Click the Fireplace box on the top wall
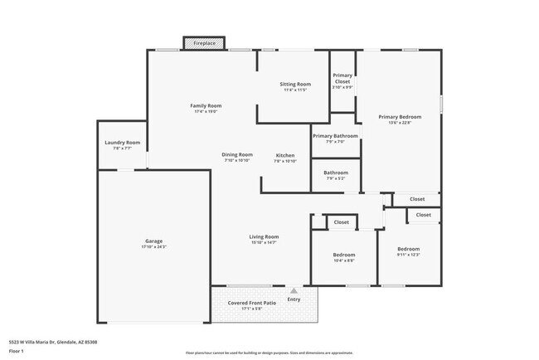pyautogui.click(x=198, y=42)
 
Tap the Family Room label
pyautogui.click(x=206, y=105)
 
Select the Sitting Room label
pyautogui.click(x=295, y=84)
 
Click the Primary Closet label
pyautogui.click(x=343, y=78)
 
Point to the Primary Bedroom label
pyautogui.click(x=400, y=117)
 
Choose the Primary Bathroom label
pyautogui.click(x=335, y=135)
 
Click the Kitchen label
pyautogui.click(x=284, y=155)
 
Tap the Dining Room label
pyautogui.click(x=237, y=154)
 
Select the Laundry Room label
pyautogui.click(x=122, y=143)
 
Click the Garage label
pyautogui.click(x=153, y=241)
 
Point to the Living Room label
pyautogui.click(x=264, y=236)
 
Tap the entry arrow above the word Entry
pyautogui.click(x=294, y=290)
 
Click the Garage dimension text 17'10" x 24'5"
pyautogui.click(x=153, y=247)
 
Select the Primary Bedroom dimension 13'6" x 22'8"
pyautogui.click(x=400, y=124)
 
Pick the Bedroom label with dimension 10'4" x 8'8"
pyautogui.click(x=344, y=254)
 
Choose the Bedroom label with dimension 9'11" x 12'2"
pyautogui.click(x=408, y=249)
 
